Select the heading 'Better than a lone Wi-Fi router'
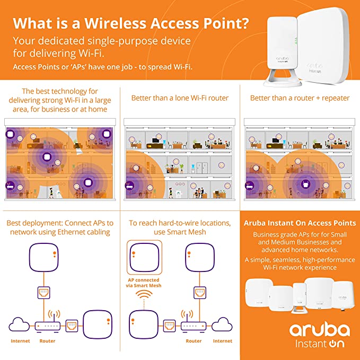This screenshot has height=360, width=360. (x=180, y=98)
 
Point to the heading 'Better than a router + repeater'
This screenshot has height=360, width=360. (x=300, y=98)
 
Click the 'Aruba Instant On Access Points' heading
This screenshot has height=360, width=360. (x=300, y=223)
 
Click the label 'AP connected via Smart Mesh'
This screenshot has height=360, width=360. (x=144, y=281)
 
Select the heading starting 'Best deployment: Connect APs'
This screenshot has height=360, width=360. (x=60, y=227)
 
